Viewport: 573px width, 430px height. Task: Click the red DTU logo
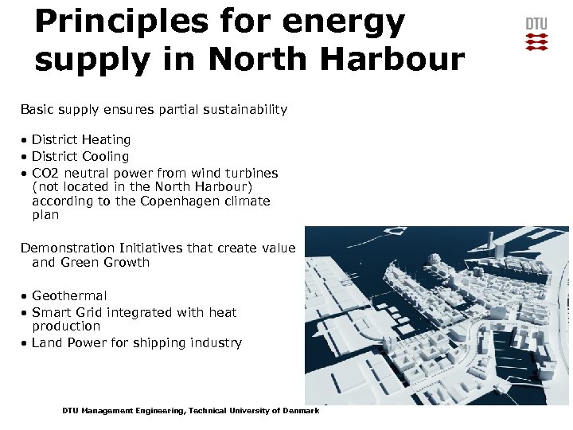tap(536, 34)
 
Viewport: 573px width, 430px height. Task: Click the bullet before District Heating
tap(25, 140)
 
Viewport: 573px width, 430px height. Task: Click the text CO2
tap(45, 173)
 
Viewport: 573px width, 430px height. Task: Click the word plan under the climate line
tap(45, 215)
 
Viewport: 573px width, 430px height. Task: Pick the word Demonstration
tap(67, 248)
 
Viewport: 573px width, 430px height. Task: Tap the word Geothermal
tap(69, 296)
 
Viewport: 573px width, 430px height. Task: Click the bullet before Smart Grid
tap(25, 313)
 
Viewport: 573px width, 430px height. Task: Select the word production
tap(66, 326)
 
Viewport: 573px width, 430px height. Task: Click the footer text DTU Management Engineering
tap(123, 411)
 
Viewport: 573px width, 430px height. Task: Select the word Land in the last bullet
tap(46, 343)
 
